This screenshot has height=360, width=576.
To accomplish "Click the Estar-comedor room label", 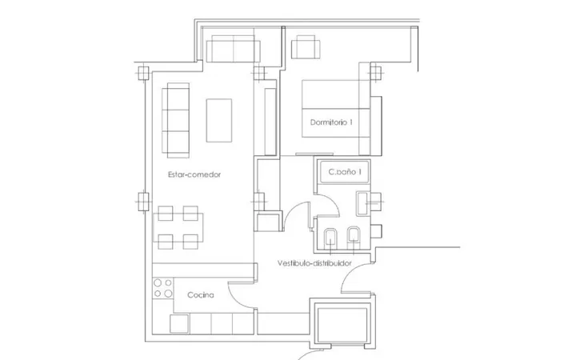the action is click(x=194, y=174).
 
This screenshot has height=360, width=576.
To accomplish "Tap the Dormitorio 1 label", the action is click(x=331, y=122).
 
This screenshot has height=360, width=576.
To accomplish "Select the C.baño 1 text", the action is click(x=345, y=171).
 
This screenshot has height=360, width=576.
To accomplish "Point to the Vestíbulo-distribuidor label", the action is click(x=314, y=263).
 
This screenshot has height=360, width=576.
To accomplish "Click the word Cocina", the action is click(x=201, y=295).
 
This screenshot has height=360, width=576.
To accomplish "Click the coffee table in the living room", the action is click(x=219, y=120).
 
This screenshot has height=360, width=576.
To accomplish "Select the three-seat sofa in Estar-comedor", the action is click(x=175, y=120).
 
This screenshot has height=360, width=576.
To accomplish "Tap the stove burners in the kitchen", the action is click(x=162, y=288).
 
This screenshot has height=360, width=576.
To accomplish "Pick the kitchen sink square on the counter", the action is click(x=179, y=324).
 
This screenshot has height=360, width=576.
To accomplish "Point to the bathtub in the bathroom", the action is click(x=345, y=171).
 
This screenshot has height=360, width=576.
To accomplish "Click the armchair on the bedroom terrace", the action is click(x=306, y=47).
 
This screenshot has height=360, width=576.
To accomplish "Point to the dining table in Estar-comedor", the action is click(x=178, y=228).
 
